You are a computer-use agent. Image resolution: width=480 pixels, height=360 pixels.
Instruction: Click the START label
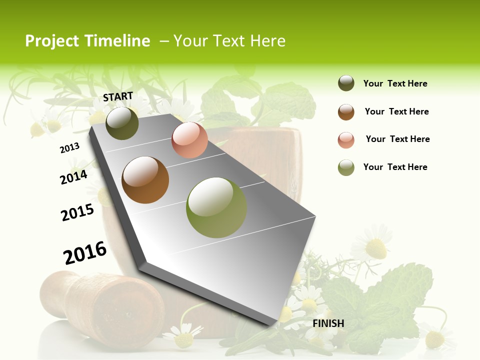[118, 96]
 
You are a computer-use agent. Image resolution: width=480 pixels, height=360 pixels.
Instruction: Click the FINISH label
[328, 323]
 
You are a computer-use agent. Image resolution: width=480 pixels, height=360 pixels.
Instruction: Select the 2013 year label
[69, 148]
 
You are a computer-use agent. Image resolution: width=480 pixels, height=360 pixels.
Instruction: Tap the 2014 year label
[73, 177]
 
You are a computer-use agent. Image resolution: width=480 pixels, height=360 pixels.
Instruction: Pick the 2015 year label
[77, 212]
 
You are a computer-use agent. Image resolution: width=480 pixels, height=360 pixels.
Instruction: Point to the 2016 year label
[85, 253]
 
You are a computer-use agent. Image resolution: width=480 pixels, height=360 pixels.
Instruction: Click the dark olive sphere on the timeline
[122, 123]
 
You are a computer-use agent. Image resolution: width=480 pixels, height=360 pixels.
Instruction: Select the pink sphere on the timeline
[189, 140]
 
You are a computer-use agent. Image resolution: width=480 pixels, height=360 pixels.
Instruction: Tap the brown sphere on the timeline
[145, 180]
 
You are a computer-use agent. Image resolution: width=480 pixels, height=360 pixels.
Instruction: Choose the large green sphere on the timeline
[216, 207]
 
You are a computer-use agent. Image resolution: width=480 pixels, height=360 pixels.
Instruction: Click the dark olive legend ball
[346, 83]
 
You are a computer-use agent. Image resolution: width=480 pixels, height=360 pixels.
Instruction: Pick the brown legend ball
[346, 112]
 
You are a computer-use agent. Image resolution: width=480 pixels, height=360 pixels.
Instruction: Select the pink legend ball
[346, 140]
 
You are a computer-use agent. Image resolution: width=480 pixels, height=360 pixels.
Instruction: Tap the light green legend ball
[346, 167]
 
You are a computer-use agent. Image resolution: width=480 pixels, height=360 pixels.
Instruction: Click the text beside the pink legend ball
[397, 139]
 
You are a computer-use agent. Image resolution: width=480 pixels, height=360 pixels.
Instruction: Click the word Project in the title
[53, 41]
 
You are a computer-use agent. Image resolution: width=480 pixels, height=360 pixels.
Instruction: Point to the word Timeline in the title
[117, 41]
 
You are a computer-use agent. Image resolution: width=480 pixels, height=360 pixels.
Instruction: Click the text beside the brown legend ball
[396, 111]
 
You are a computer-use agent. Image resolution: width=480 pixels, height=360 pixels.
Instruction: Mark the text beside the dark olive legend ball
[395, 83]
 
